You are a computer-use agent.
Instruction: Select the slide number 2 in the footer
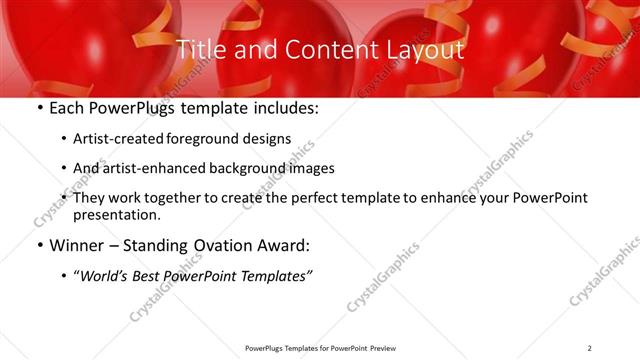pos(590,348)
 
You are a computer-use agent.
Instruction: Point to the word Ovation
pos(229,246)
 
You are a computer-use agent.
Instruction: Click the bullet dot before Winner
pos(39,246)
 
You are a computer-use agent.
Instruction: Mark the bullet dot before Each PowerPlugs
pos(39,109)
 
